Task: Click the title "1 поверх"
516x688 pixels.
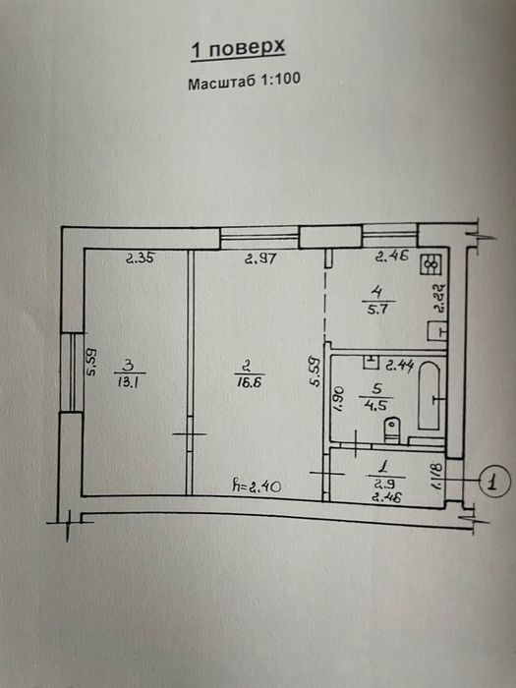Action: click(x=238, y=49)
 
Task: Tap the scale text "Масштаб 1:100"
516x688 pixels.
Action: click(x=245, y=82)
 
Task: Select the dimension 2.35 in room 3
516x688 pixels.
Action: click(x=140, y=258)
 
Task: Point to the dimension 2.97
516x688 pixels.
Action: click(x=260, y=258)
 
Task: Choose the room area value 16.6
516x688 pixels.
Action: click(x=249, y=381)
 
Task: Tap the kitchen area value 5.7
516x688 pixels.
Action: click(x=377, y=309)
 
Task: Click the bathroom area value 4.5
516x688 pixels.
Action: click(x=376, y=404)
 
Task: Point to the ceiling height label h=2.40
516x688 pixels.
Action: click(x=257, y=486)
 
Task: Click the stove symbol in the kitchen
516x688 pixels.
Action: click(x=430, y=264)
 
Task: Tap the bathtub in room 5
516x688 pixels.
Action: click(x=429, y=395)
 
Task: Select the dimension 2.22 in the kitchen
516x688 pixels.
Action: click(x=440, y=297)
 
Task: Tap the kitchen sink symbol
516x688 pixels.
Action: click(x=437, y=331)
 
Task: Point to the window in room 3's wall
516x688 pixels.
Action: click(x=72, y=372)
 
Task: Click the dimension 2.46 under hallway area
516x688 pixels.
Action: click(x=387, y=497)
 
